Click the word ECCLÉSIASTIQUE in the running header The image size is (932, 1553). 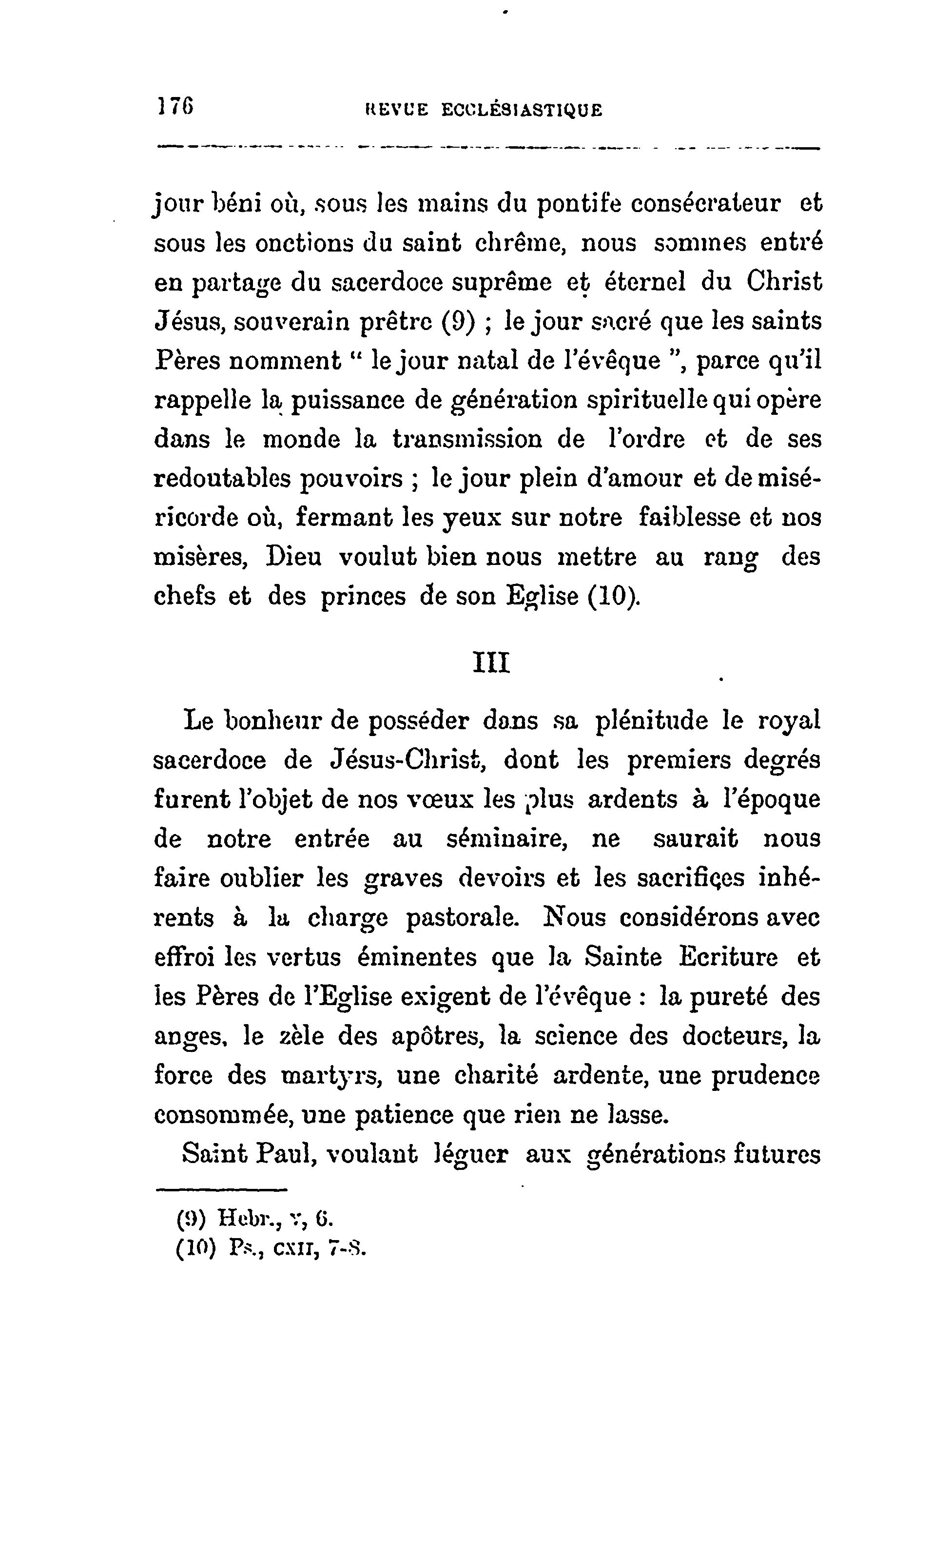tap(522, 111)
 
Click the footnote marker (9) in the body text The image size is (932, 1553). tap(457, 322)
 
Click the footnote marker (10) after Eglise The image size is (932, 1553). tap(614, 596)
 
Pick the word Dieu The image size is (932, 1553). tap(293, 557)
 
